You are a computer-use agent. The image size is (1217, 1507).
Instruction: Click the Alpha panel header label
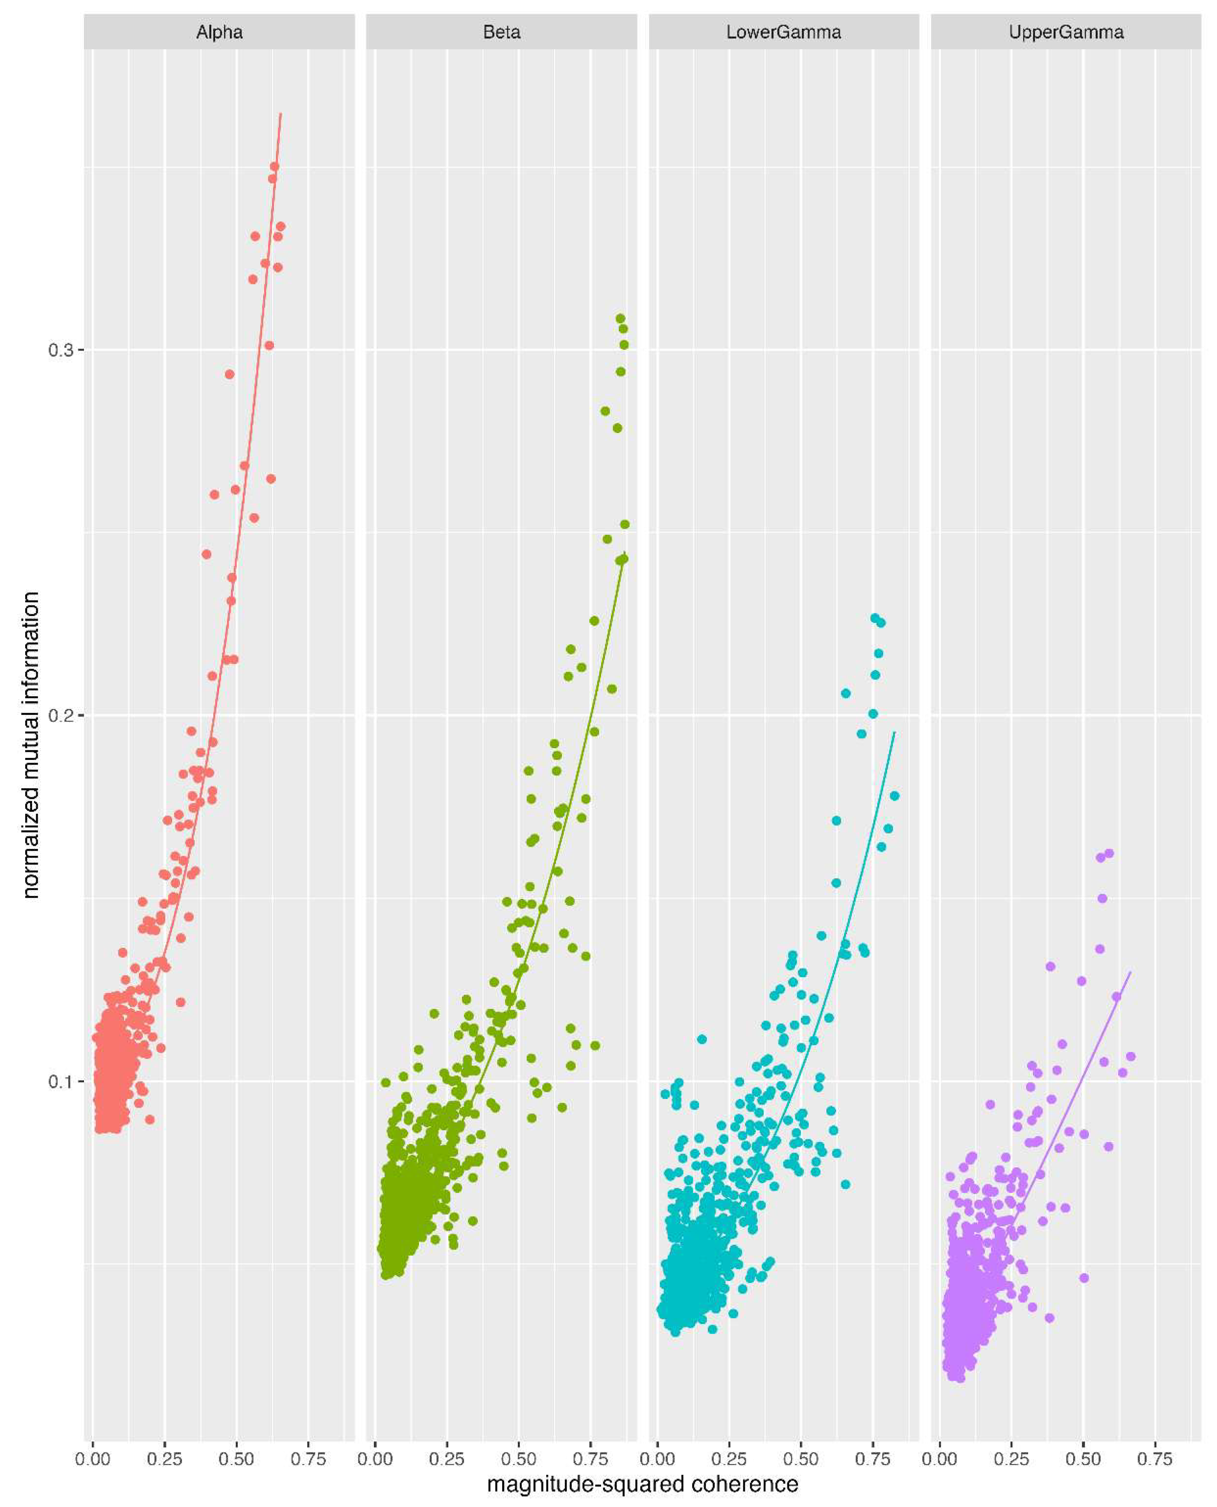(219, 32)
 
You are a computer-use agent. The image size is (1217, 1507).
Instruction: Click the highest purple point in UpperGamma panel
(1108, 854)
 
